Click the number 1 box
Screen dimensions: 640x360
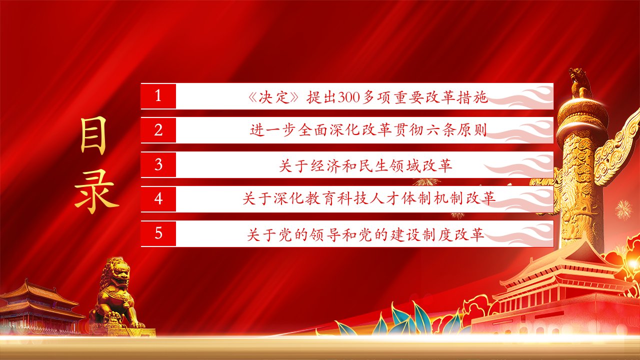pyautogui.click(x=158, y=96)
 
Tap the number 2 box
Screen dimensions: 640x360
pyautogui.click(x=158, y=130)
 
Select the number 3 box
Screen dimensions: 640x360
pyautogui.click(x=158, y=164)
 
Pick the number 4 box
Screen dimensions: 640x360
pyautogui.click(x=158, y=199)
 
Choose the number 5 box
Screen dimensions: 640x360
pyautogui.click(x=158, y=233)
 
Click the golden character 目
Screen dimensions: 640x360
pyautogui.click(x=93, y=136)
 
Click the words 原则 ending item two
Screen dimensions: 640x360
pyautogui.click(x=473, y=130)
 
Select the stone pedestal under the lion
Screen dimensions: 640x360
pyautogui.click(x=131, y=332)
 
